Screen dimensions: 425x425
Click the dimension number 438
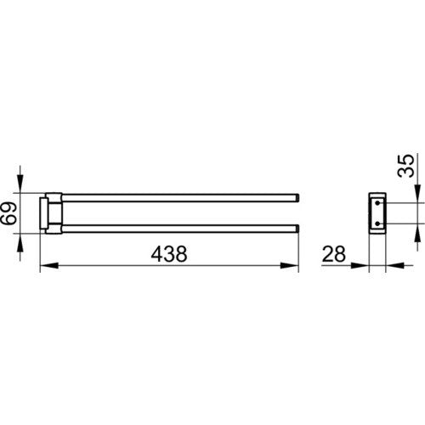169,254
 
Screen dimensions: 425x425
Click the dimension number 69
8,213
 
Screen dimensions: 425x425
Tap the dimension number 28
334,254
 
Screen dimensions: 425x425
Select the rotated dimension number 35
405,166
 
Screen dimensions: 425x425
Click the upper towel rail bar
180,198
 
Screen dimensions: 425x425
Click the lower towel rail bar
180,229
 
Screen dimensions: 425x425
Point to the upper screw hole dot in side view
377,203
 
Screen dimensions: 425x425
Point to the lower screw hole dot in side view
377,224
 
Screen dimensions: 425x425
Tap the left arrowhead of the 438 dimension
49,266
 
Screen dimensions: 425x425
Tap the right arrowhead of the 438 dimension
290,266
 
